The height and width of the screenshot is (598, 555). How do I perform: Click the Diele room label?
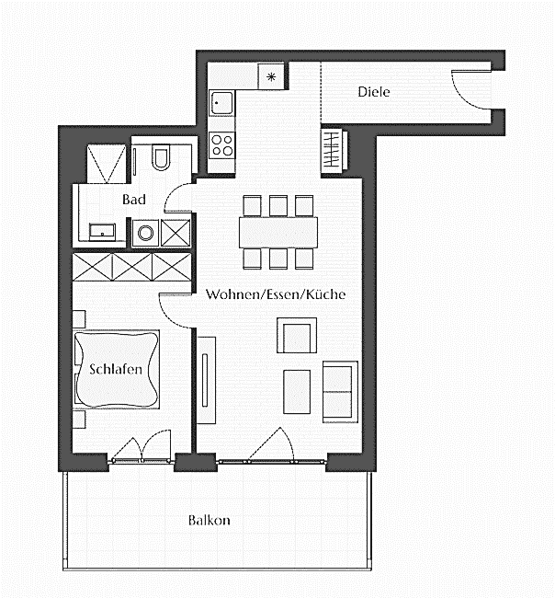[373, 92]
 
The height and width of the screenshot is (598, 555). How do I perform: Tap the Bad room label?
[134, 199]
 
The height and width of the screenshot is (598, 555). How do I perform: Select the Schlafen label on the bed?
[116, 370]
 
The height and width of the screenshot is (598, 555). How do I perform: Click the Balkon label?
[209, 520]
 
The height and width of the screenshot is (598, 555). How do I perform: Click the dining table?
[278, 231]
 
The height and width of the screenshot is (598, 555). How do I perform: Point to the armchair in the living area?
[296, 336]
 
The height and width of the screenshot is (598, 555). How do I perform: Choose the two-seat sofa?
[339, 391]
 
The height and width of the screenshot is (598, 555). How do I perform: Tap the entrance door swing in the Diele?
[470, 90]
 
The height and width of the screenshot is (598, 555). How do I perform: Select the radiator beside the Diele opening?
[332, 149]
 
